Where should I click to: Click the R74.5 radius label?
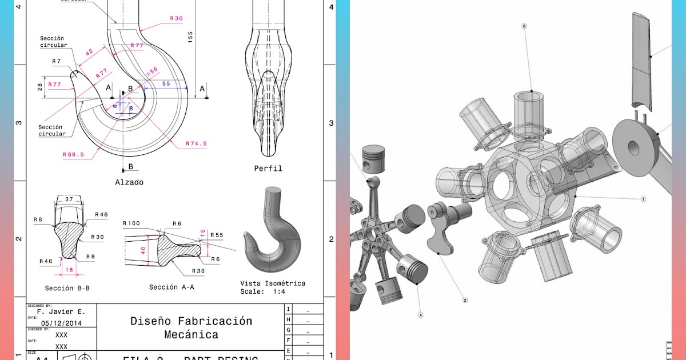[x=196, y=143]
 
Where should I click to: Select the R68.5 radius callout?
[x=73, y=154]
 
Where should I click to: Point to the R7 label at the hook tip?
[x=56, y=61]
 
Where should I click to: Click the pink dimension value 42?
[x=89, y=52]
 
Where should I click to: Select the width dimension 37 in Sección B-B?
[x=69, y=199]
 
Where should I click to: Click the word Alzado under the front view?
[x=129, y=182]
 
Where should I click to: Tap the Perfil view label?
[x=268, y=169]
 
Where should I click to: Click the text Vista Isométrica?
[x=273, y=283]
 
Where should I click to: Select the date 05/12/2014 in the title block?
[x=61, y=323]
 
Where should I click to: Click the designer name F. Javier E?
[x=61, y=312]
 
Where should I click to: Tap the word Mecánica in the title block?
[x=191, y=334]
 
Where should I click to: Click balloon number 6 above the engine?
[x=524, y=26]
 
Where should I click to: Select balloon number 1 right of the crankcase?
[x=643, y=199]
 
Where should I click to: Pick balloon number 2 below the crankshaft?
[x=465, y=300]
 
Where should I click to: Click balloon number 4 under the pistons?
[x=421, y=314]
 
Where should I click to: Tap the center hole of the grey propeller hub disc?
[x=633, y=148]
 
